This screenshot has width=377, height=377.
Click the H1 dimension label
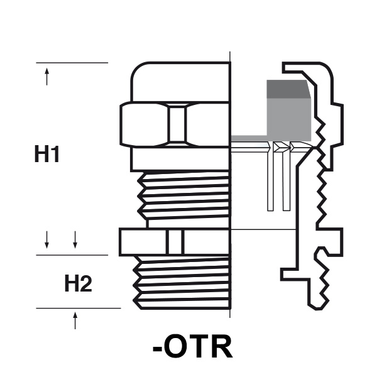point(46,155)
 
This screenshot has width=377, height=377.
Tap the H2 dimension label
point(78,285)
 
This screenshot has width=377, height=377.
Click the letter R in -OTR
point(221,346)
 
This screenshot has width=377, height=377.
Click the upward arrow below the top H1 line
point(47,77)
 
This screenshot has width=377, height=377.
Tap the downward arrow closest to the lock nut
point(75,239)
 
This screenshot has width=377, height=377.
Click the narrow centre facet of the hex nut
point(178,125)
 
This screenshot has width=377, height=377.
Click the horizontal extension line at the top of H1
point(72,63)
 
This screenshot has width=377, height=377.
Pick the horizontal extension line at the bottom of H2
point(79,309)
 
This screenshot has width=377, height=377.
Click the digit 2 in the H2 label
point(86,285)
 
